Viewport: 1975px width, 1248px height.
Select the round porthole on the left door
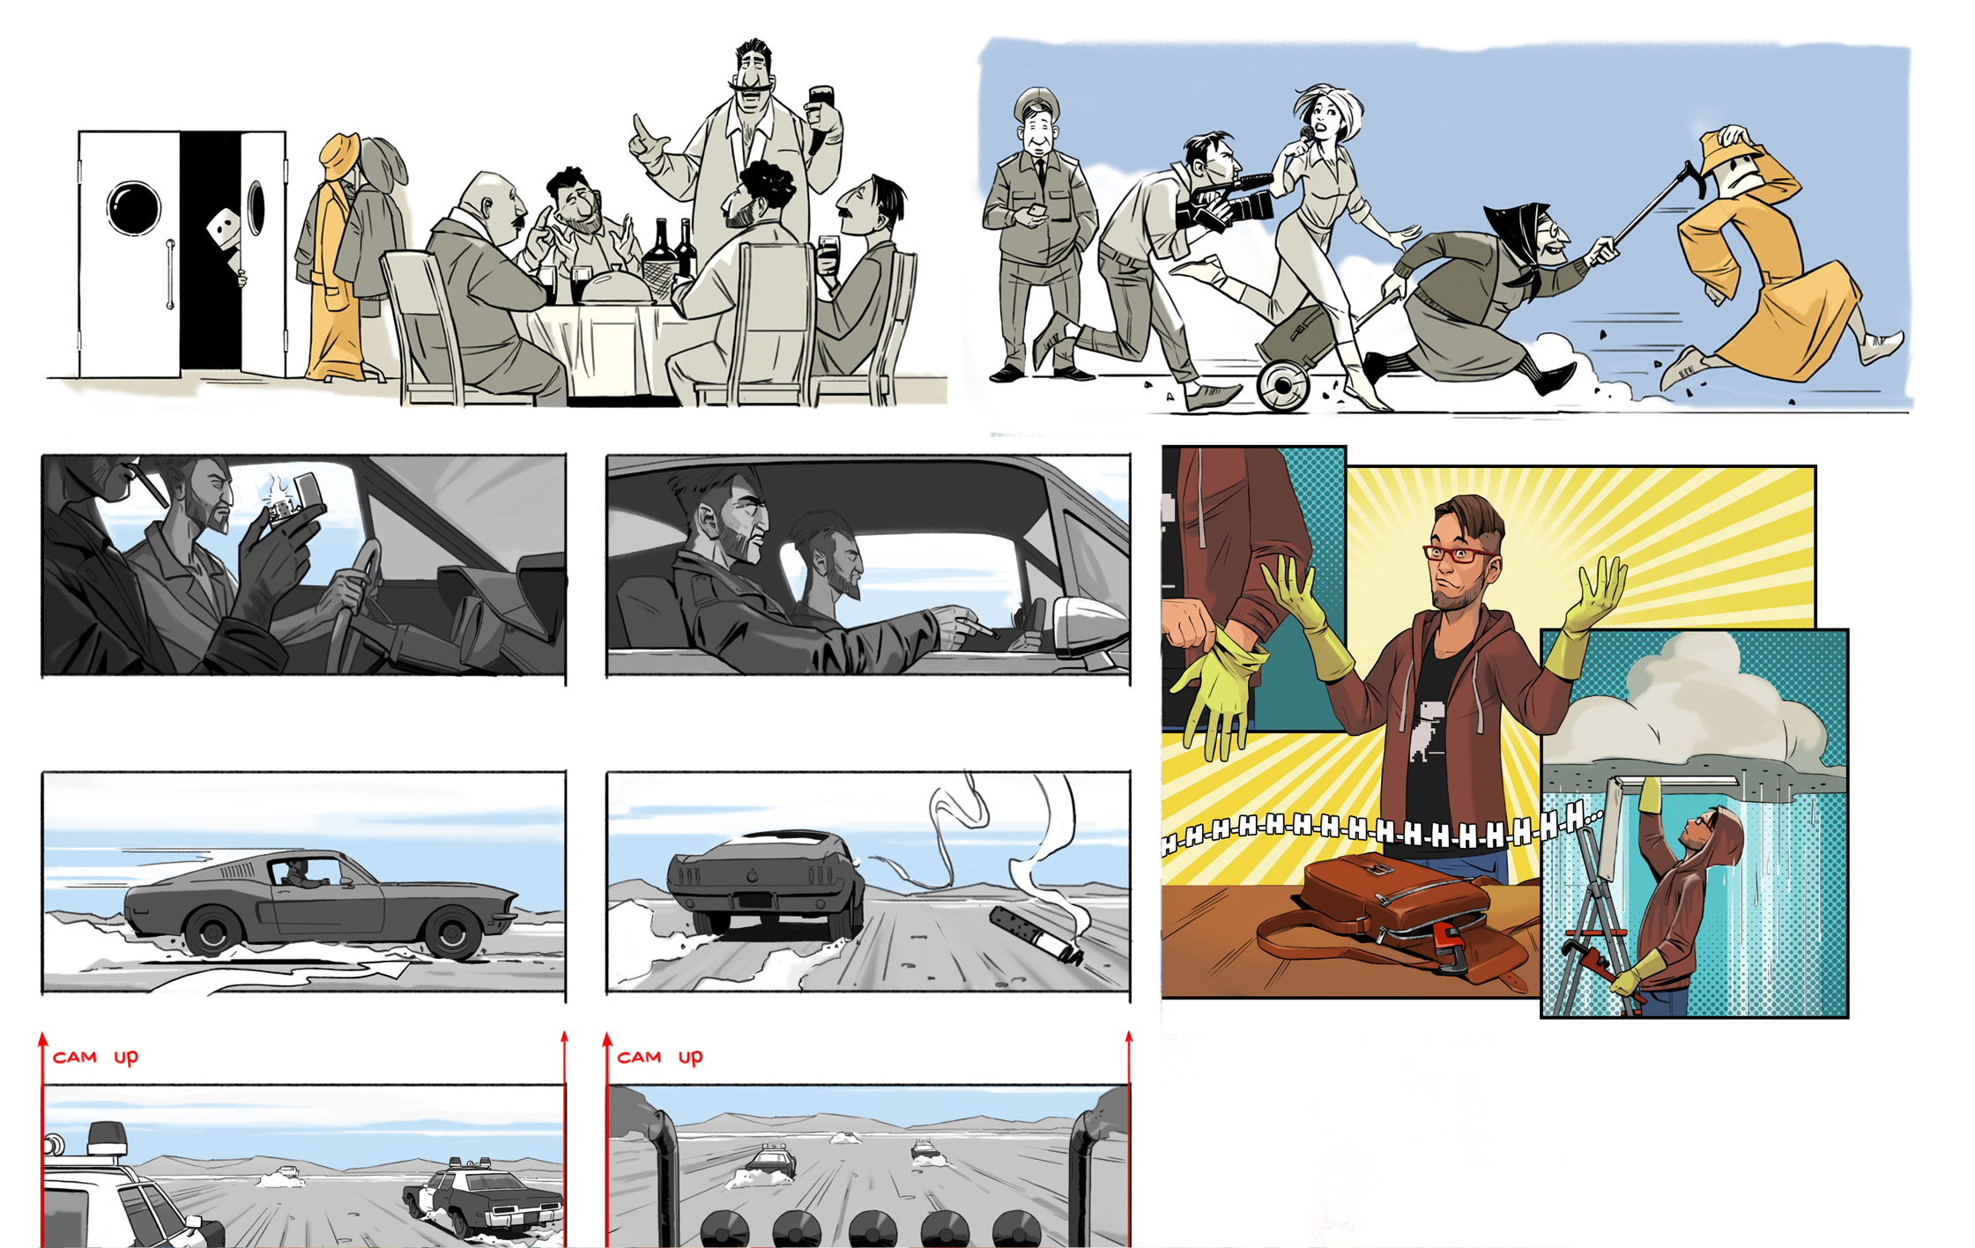(134, 208)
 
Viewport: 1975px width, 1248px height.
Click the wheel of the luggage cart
(1283, 386)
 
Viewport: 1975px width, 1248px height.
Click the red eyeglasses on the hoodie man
(1458, 553)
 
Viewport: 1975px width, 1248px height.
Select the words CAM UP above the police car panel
(95, 1057)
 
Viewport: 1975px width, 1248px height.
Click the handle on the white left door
(170, 273)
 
